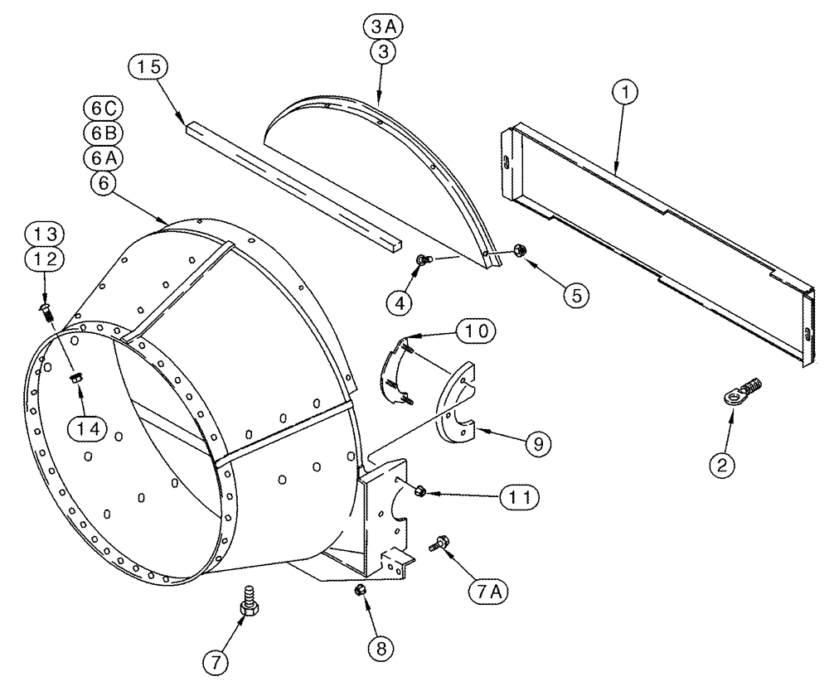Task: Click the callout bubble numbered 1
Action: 627,94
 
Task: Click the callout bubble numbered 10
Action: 473,331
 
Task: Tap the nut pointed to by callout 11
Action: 419,490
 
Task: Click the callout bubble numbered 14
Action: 88,428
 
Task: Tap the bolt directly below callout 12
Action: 48,312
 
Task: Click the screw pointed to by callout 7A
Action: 438,544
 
